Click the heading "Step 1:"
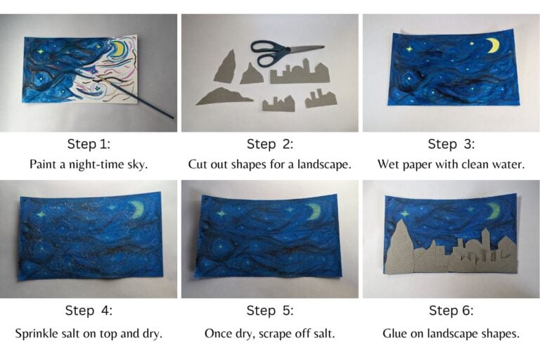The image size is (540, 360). pyautogui.click(x=89, y=144)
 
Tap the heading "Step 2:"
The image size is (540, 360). pyautogui.click(x=269, y=144)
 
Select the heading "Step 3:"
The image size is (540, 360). pyautogui.click(x=451, y=144)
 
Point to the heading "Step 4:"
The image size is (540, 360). pyautogui.click(x=89, y=310)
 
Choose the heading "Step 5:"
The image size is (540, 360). pyautogui.click(x=269, y=310)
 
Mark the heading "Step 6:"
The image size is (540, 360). pyautogui.click(x=451, y=310)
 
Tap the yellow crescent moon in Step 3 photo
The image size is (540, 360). pyautogui.click(x=493, y=46)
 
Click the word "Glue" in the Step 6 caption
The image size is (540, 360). pyautogui.click(x=396, y=333)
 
